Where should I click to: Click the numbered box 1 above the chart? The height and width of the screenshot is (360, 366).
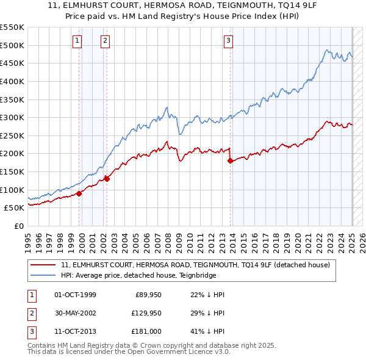coord(78,41)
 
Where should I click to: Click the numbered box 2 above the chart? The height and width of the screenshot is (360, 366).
coord(105,41)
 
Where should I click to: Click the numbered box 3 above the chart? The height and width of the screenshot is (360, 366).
coord(228,41)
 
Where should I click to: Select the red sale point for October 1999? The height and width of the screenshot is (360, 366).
coord(79,193)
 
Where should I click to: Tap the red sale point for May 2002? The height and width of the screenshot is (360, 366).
coord(107,179)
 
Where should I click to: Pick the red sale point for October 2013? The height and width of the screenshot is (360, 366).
coord(230,160)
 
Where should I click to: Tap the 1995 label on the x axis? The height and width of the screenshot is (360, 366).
coord(27,240)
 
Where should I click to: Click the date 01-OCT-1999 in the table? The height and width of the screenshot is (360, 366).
coord(75,295)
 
